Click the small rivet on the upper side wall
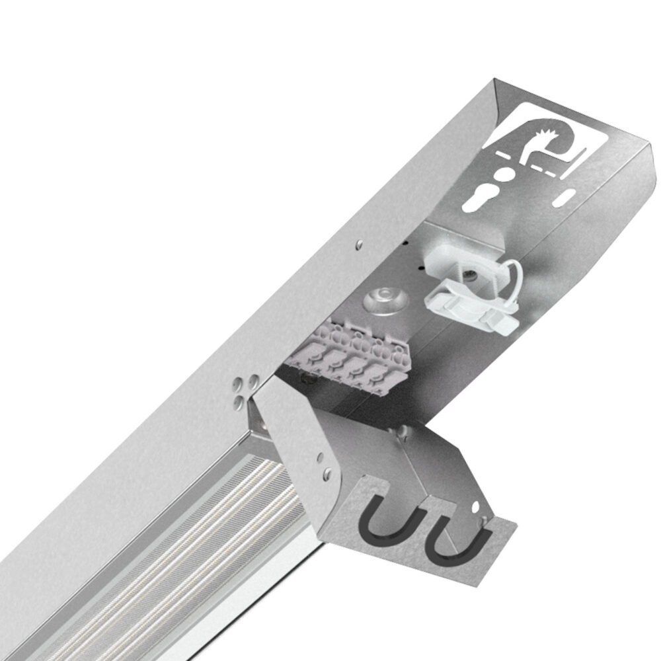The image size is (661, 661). tap(358, 245)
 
